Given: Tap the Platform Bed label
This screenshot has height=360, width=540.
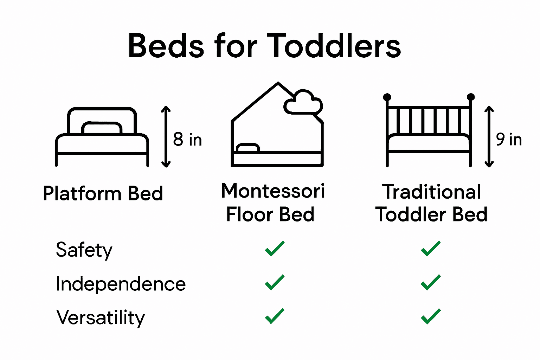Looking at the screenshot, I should click(x=103, y=193).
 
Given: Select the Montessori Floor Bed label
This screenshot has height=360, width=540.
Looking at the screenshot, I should click(x=272, y=203).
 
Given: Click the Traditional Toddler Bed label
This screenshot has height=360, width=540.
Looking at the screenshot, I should click(x=431, y=203).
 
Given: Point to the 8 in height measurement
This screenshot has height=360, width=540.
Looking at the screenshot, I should click(x=187, y=140).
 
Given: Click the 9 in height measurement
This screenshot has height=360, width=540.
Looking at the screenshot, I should click(x=509, y=140).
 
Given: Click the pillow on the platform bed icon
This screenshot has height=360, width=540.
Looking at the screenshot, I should click(x=102, y=128).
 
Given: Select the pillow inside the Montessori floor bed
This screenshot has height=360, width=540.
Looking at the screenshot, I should click(x=248, y=148).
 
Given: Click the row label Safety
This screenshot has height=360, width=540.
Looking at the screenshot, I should click(x=84, y=250).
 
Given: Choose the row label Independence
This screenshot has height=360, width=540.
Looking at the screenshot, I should click(x=121, y=284).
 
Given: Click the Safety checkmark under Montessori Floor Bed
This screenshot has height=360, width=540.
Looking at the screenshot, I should click(x=275, y=249).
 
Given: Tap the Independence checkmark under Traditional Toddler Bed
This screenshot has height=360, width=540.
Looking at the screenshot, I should click(x=430, y=282).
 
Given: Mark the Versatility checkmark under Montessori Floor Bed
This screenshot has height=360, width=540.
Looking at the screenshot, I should click(x=275, y=316).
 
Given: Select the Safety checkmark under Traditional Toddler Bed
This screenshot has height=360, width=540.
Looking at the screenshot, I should click(x=430, y=249).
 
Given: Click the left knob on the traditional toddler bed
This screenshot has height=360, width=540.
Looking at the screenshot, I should click(x=387, y=97).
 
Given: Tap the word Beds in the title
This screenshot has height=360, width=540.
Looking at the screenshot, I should click(x=166, y=46).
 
